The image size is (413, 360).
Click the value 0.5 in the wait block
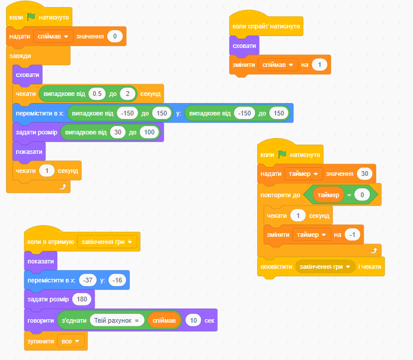(x=97, y=94)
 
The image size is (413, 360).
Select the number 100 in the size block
(x=149, y=132)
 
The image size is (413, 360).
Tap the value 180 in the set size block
(x=82, y=299)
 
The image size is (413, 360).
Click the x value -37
(x=88, y=280)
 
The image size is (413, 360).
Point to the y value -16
(x=117, y=280)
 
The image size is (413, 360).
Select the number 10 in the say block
(x=193, y=320)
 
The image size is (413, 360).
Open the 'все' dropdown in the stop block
(x=71, y=341)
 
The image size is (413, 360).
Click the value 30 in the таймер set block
(x=364, y=173)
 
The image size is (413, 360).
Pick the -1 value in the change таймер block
(x=353, y=234)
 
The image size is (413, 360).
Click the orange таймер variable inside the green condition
(x=328, y=195)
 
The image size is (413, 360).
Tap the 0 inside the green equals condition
(x=362, y=195)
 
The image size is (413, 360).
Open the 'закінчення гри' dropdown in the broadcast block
(x=325, y=266)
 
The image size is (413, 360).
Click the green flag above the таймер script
(x=283, y=154)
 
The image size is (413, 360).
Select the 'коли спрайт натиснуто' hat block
(x=266, y=26)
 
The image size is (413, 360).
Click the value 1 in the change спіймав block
(x=319, y=65)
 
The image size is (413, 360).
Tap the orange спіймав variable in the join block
(x=164, y=320)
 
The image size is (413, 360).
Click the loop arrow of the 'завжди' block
(x=63, y=187)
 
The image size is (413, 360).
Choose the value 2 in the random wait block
(x=127, y=94)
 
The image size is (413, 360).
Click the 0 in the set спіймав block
(x=115, y=36)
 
